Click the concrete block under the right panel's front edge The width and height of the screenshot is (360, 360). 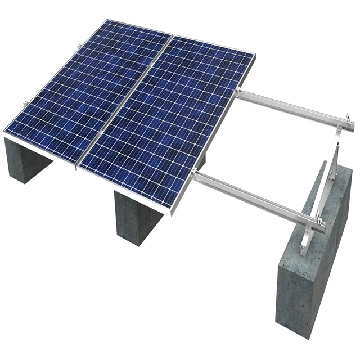tap(138, 217)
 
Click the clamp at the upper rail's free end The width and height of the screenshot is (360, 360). tap(350, 119)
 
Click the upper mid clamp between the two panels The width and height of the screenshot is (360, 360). tap(171, 35)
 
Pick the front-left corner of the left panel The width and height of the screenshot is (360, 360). tap(5, 132)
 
